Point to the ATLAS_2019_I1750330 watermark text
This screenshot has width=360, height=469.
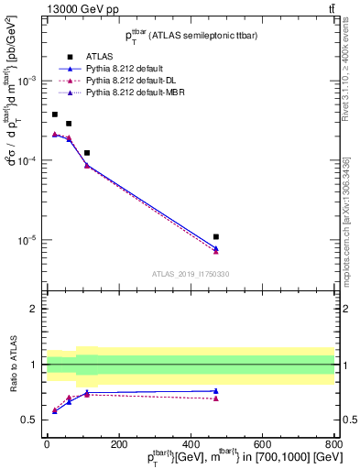(x=190, y=274)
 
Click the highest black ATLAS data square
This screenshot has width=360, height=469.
(x=55, y=115)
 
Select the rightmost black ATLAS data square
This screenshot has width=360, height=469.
(x=216, y=237)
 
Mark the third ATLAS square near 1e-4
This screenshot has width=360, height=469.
(x=87, y=153)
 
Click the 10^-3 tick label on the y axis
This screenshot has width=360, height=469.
(x=28, y=81)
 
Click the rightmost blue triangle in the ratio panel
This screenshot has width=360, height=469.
(x=216, y=391)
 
